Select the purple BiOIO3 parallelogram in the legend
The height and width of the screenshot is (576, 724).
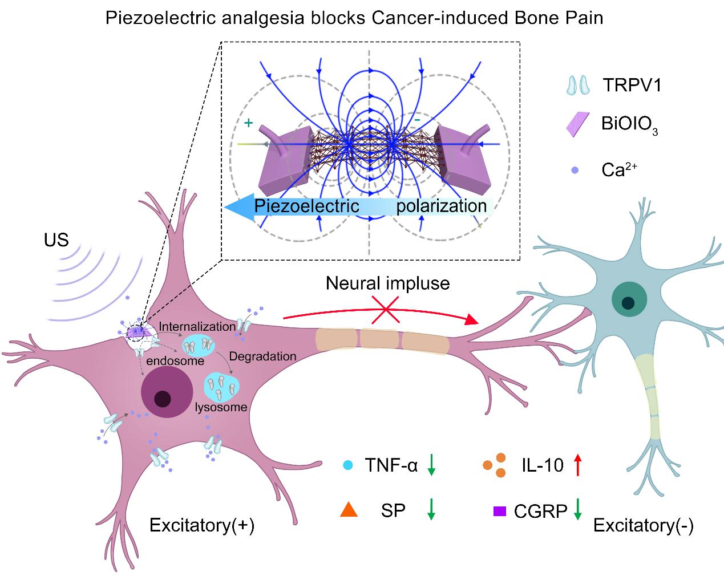(x=577, y=124)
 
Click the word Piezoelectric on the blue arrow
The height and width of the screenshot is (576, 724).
(x=306, y=206)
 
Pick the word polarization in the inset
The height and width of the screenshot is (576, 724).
(x=442, y=206)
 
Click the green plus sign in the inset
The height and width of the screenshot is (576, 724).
(x=248, y=123)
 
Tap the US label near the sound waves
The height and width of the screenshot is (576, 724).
(x=56, y=240)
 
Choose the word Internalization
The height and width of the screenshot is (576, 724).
(x=197, y=326)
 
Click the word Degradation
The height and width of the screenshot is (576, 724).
(x=262, y=356)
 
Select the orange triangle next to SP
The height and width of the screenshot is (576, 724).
(x=348, y=510)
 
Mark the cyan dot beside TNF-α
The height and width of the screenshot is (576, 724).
(x=347, y=465)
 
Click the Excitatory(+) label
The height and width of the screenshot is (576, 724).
(x=201, y=525)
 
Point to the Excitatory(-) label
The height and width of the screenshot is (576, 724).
(x=643, y=525)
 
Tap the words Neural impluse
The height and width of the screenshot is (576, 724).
(x=387, y=283)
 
